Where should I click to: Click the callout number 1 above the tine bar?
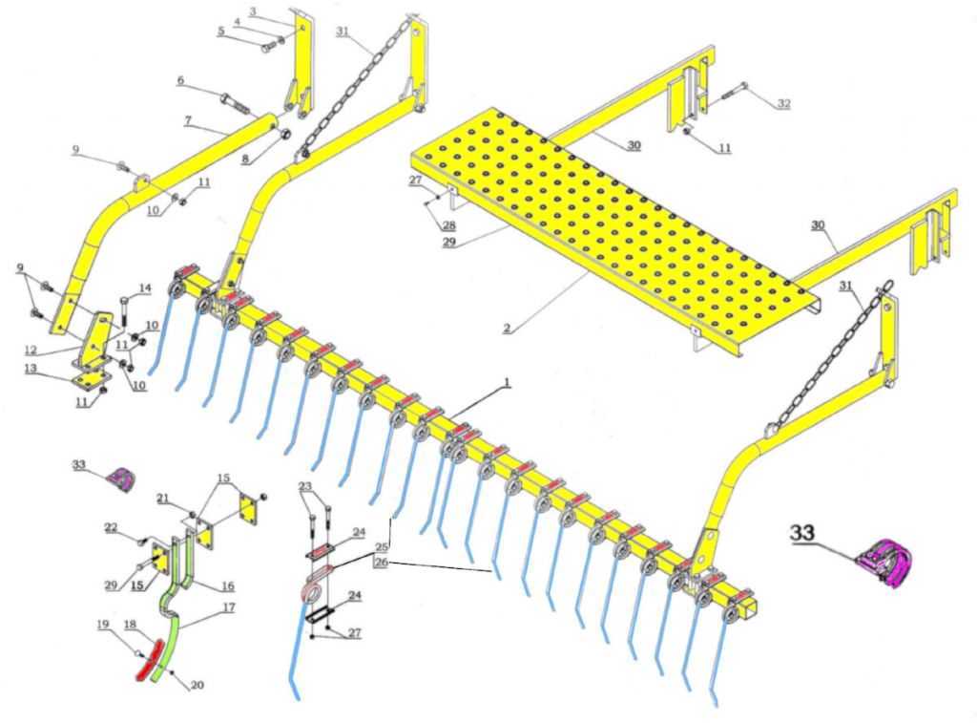coord(508,382)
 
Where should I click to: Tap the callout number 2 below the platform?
coord(506,329)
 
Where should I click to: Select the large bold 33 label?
coord(803,533)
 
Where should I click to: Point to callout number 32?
coord(783,103)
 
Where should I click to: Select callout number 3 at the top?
coord(252,11)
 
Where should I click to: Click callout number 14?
coord(145,287)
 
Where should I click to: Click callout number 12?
coord(31,349)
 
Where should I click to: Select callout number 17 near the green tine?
coord(229,606)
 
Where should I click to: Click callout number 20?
coord(197,684)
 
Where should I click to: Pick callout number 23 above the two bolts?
coord(305,487)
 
